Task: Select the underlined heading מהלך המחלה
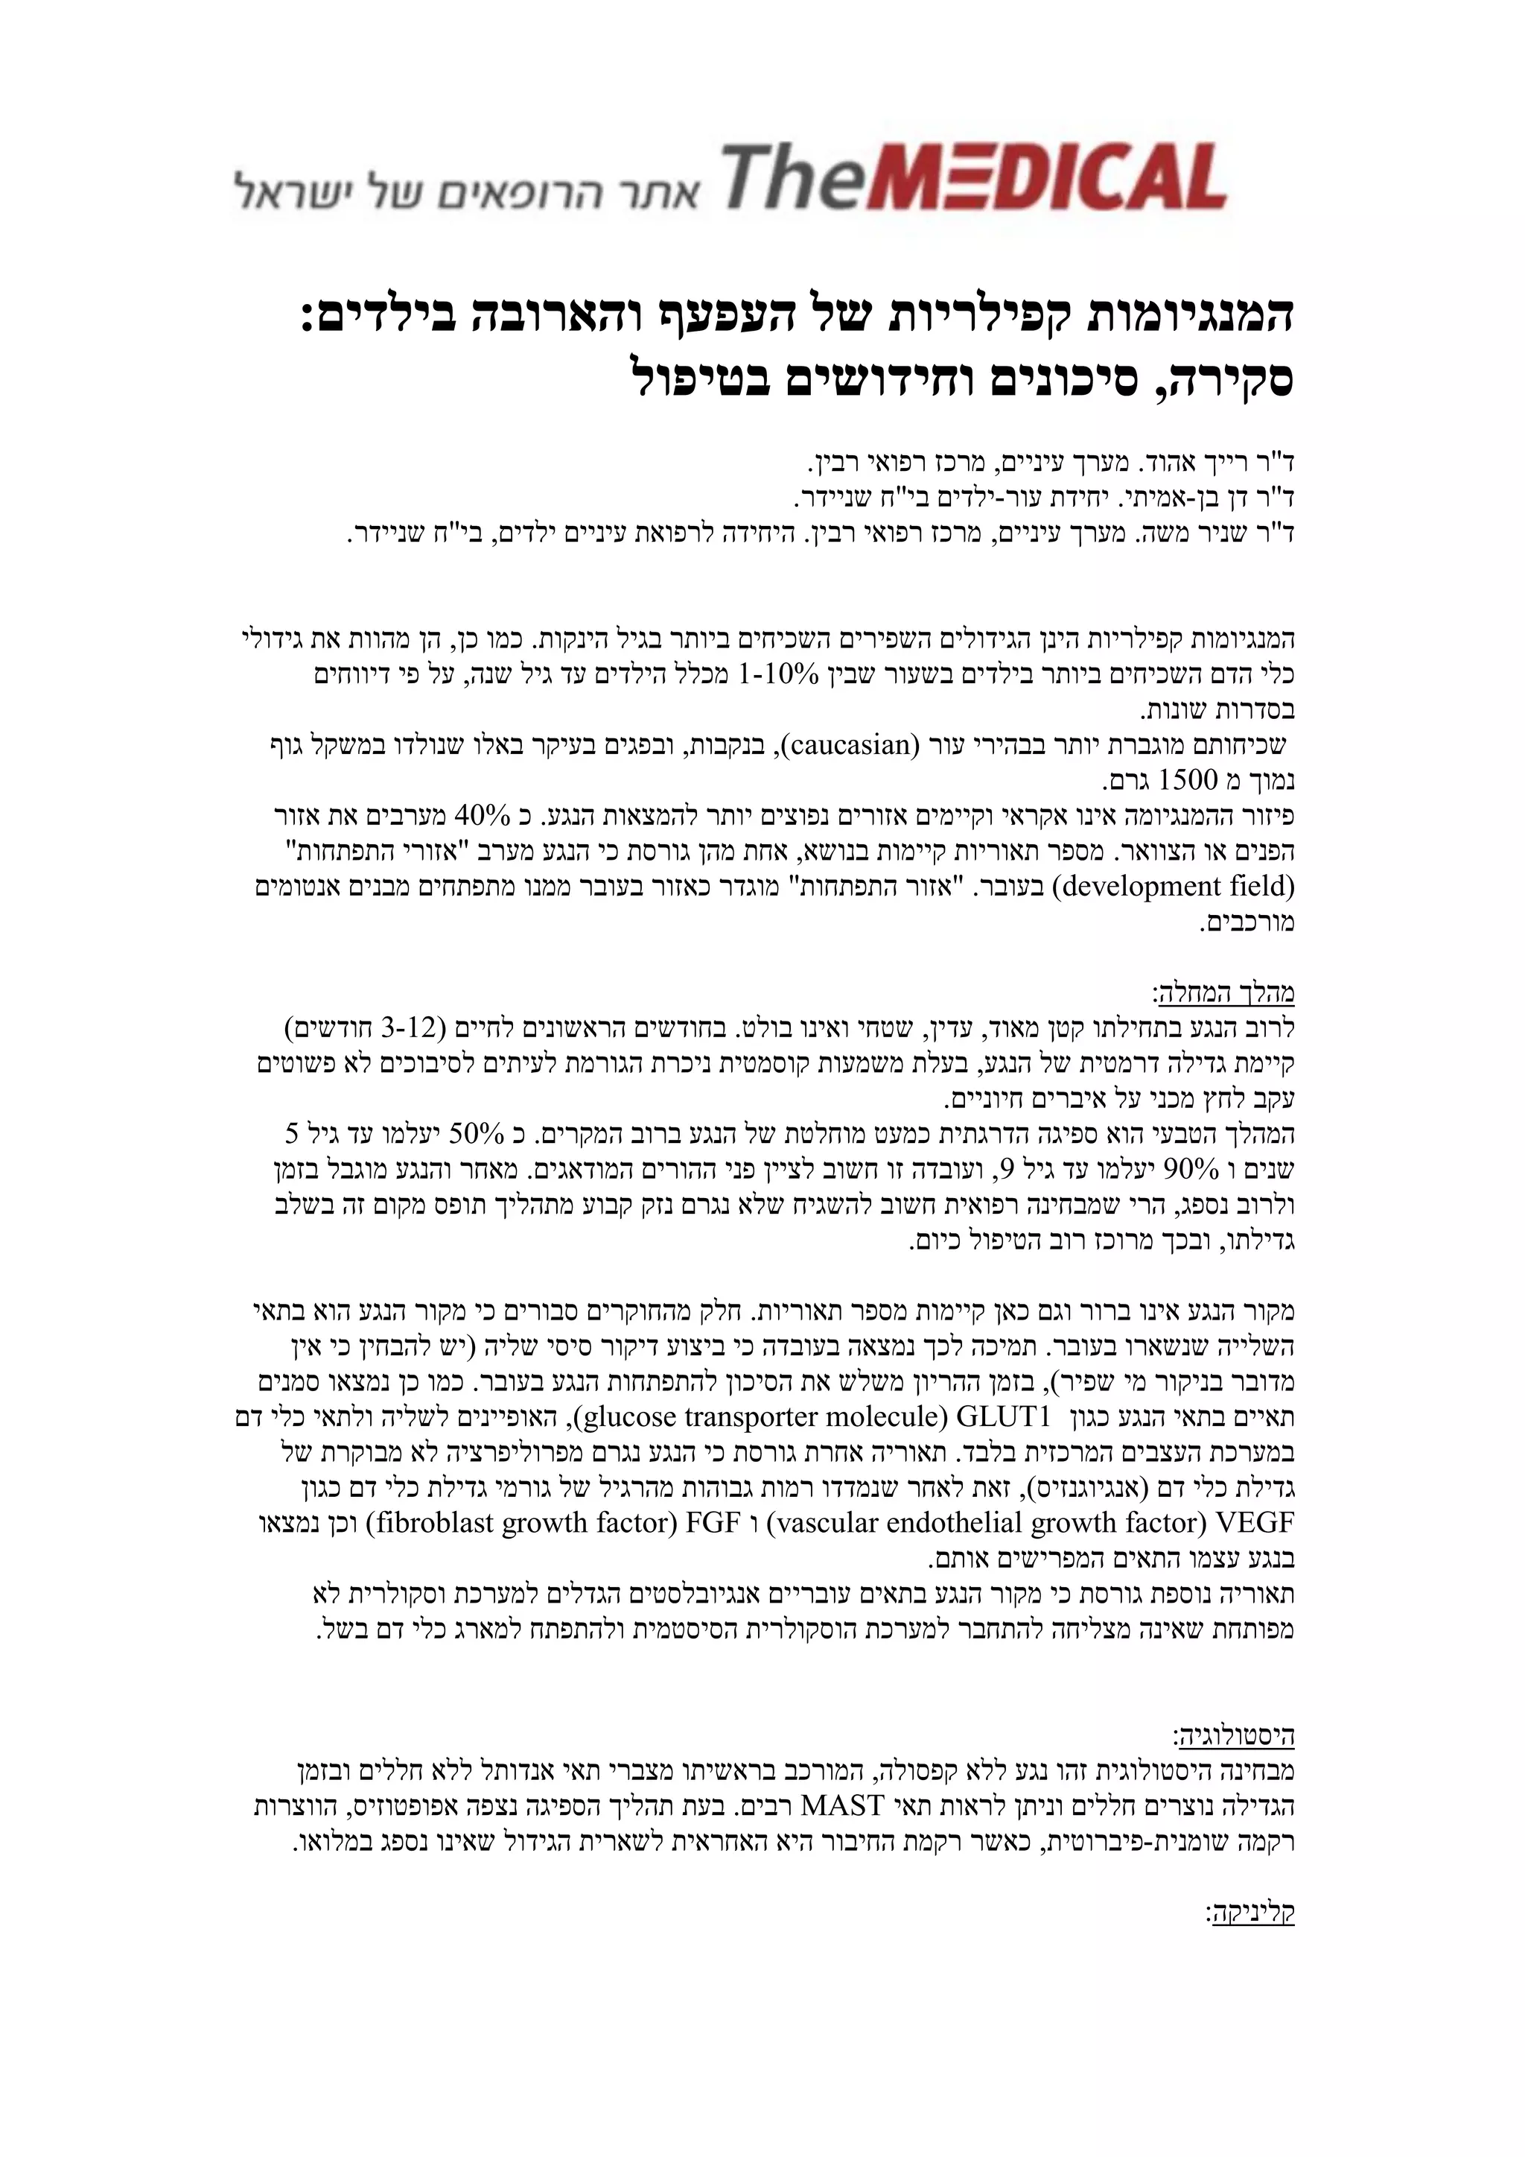point(1223,992)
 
